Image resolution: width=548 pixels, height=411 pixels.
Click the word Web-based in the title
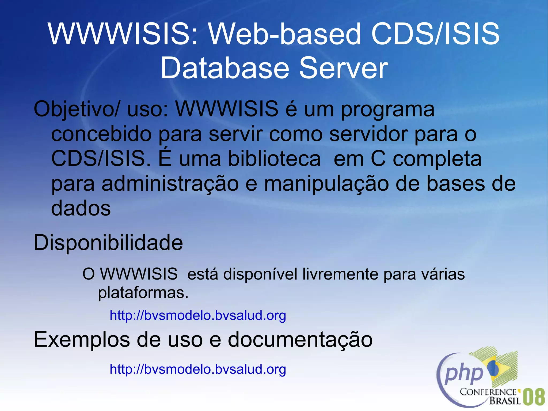(285, 34)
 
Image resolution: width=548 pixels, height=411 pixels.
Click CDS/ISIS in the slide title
(435, 34)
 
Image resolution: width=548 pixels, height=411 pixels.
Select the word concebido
(101, 134)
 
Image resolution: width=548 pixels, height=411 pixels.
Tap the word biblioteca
(274, 159)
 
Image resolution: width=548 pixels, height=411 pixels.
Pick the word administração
(170, 184)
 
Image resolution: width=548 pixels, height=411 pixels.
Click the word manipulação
(326, 184)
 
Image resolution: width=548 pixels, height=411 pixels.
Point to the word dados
(81, 208)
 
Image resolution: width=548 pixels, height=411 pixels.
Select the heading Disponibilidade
(108, 243)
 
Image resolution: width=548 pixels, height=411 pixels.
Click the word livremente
(340, 274)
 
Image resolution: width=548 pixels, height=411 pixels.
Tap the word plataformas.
(143, 293)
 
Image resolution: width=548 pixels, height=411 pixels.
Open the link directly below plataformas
(198, 315)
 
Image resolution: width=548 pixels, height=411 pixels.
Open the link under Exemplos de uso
(198, 369)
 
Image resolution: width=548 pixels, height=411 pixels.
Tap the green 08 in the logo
(534, 397)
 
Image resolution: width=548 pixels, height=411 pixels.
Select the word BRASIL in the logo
(505, 401)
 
